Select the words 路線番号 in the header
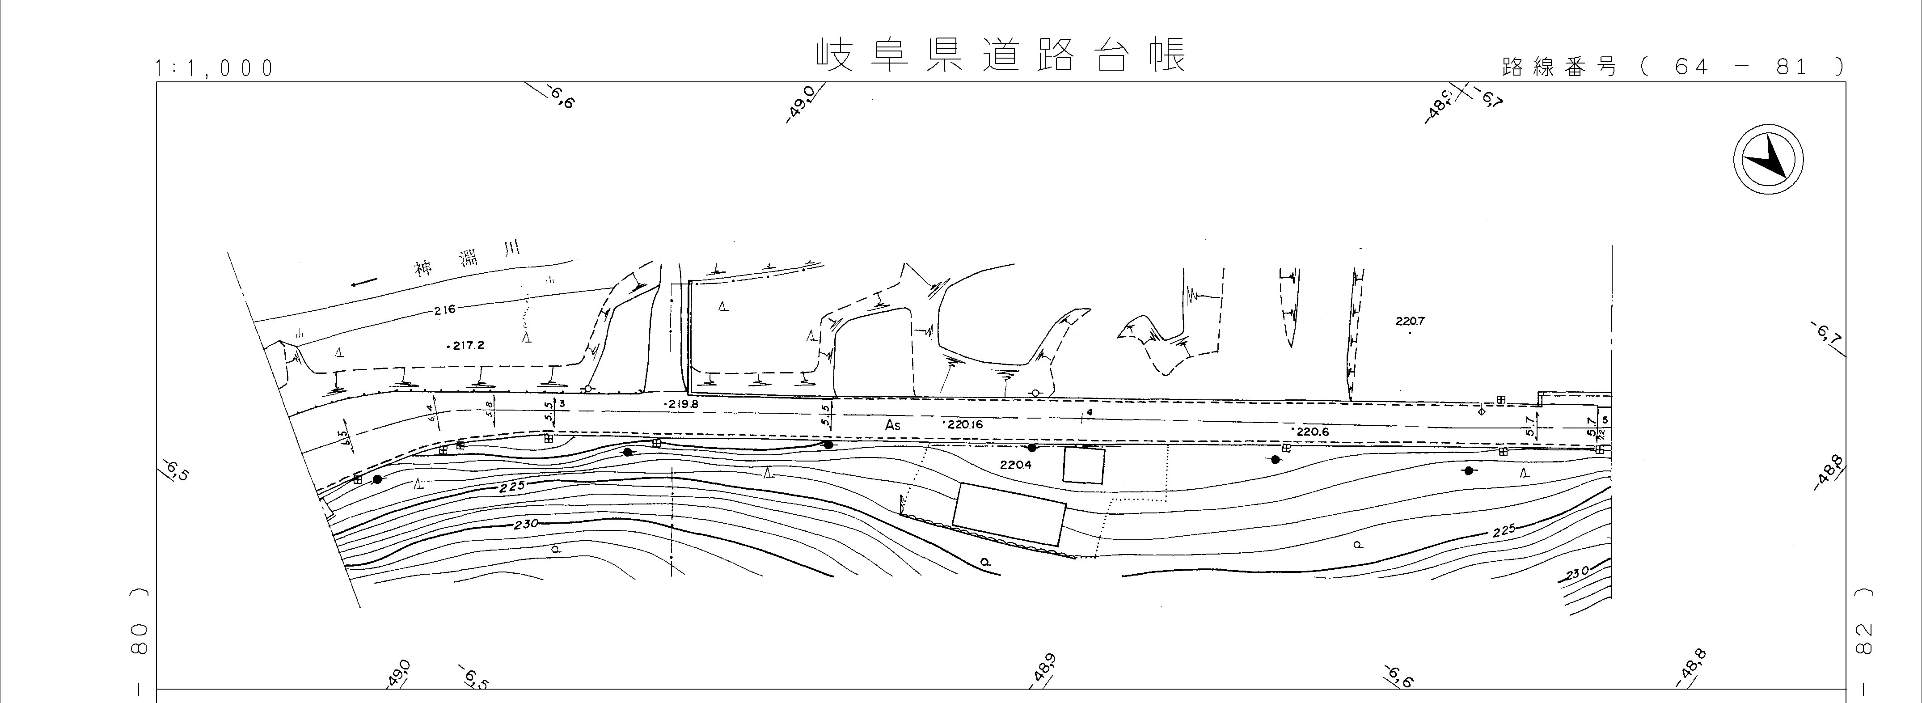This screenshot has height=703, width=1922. tap(1559, 67)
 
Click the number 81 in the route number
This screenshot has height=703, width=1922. tap(1792, 67)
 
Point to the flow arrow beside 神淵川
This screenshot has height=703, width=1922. tap(364, 282)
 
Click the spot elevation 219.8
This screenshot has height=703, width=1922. tap(681, 404)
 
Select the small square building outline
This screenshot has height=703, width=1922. tap(1083, 465)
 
